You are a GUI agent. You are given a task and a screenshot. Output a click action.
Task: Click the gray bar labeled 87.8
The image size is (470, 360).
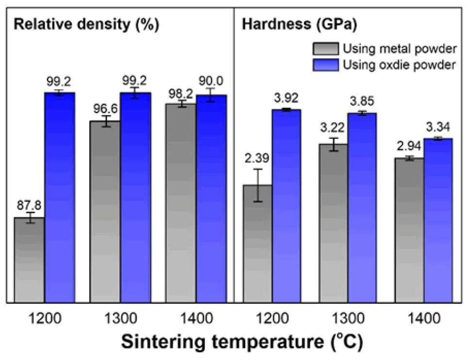coord(30,260)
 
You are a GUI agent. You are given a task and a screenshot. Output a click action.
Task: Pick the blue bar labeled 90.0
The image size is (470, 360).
coord(211,199)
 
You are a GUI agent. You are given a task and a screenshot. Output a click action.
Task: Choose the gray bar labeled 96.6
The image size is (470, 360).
coord(105,212)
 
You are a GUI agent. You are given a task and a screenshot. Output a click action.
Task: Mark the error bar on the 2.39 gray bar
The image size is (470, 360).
coord(257,185)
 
